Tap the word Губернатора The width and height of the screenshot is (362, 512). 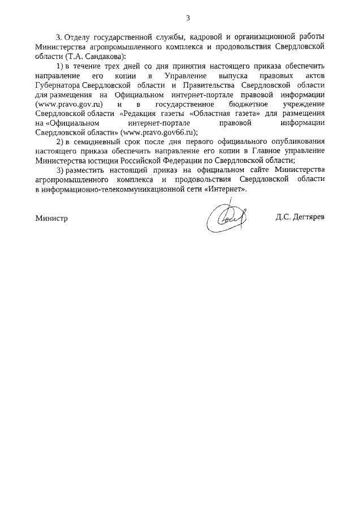point(58,84)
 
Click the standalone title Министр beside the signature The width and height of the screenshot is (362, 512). point(51,218)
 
